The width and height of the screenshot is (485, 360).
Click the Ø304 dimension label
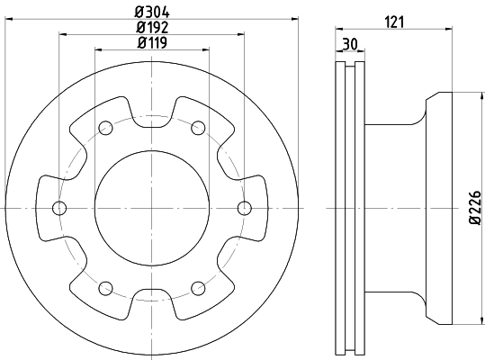coord(152,13)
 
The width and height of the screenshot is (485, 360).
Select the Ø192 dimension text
coord(152,28)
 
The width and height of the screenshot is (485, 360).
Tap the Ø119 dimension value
coord(152,42)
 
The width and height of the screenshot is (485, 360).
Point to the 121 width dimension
coord(394,22)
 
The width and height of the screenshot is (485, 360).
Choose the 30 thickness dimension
coord(350,44)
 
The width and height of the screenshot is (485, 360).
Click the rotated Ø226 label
coord(475,208)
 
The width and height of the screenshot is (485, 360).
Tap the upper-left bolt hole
coord(105,128)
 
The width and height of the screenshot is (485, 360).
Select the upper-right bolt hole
coord(198,128)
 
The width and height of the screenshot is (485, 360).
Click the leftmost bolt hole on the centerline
coord(59,208)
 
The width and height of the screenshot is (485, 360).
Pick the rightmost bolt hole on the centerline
coord(245,208)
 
